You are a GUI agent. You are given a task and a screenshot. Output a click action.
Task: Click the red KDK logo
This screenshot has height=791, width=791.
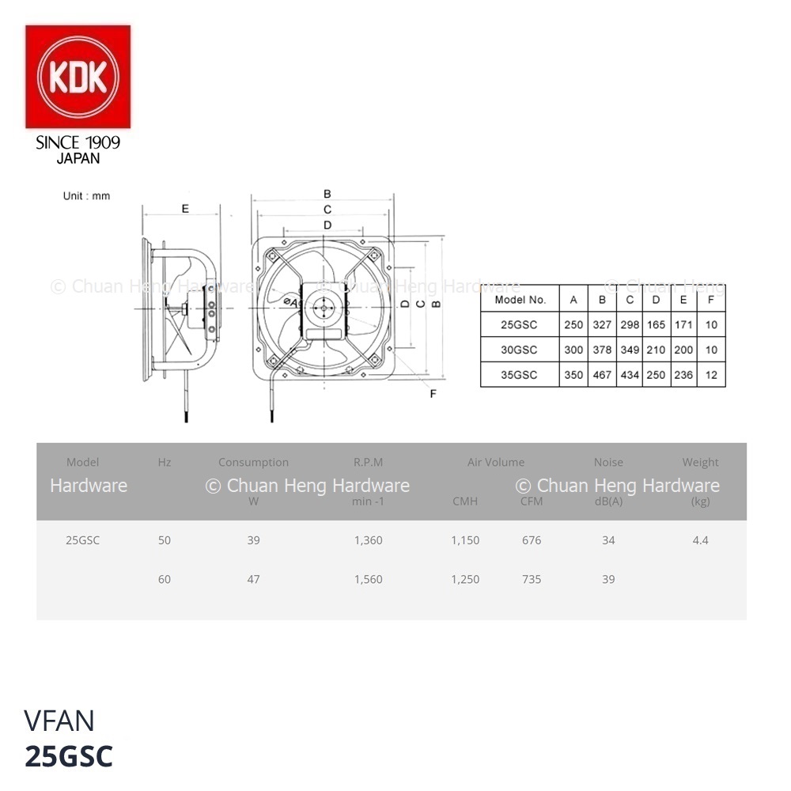coord(78,77)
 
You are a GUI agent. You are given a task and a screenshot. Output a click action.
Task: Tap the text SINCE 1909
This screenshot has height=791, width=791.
coord(78,142)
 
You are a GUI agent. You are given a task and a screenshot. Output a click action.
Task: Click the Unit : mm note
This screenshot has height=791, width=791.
coord(86,195)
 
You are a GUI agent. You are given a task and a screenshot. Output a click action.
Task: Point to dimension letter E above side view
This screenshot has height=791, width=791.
coord(185,208)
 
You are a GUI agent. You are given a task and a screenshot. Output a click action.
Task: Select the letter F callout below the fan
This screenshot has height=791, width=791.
coord(433,393)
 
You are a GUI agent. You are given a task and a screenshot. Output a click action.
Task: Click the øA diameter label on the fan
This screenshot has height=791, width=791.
coord(290,302)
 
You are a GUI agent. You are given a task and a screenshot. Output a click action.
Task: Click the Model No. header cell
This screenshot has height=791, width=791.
coord(520,300)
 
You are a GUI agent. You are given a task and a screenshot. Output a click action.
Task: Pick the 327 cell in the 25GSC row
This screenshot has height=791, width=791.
coord(602,324)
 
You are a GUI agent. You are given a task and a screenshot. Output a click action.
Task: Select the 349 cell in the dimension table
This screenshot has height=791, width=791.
coord(630,350)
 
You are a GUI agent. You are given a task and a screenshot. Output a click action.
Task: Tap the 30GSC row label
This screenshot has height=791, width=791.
coord(519,350)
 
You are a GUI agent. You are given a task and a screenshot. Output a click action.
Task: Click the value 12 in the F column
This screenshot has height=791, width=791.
coord(711,375)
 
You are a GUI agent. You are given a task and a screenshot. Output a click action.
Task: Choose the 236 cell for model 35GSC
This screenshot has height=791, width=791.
coord(683,375)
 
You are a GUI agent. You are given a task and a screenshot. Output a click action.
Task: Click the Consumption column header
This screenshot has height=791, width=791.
coord(253,462)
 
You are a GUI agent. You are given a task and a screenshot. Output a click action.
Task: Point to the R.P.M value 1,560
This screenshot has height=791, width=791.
coord(369,579)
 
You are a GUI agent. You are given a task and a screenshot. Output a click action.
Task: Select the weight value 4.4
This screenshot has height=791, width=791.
coord(700,540)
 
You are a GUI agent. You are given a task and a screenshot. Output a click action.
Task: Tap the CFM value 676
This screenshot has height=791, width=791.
coord(532,540)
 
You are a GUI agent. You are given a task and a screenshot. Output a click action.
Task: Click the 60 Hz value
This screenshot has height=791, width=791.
coord(165,579)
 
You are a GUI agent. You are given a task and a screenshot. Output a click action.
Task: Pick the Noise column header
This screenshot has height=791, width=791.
coord(608,462)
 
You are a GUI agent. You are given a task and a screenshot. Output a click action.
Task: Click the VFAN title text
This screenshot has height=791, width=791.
coord(59,721)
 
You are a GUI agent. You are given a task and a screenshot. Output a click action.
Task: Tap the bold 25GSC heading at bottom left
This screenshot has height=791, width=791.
coord(69,756)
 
